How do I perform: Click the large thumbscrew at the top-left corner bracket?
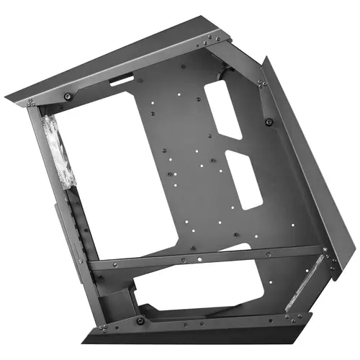pos(68,96)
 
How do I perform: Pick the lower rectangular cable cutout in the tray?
pos(243,178)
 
